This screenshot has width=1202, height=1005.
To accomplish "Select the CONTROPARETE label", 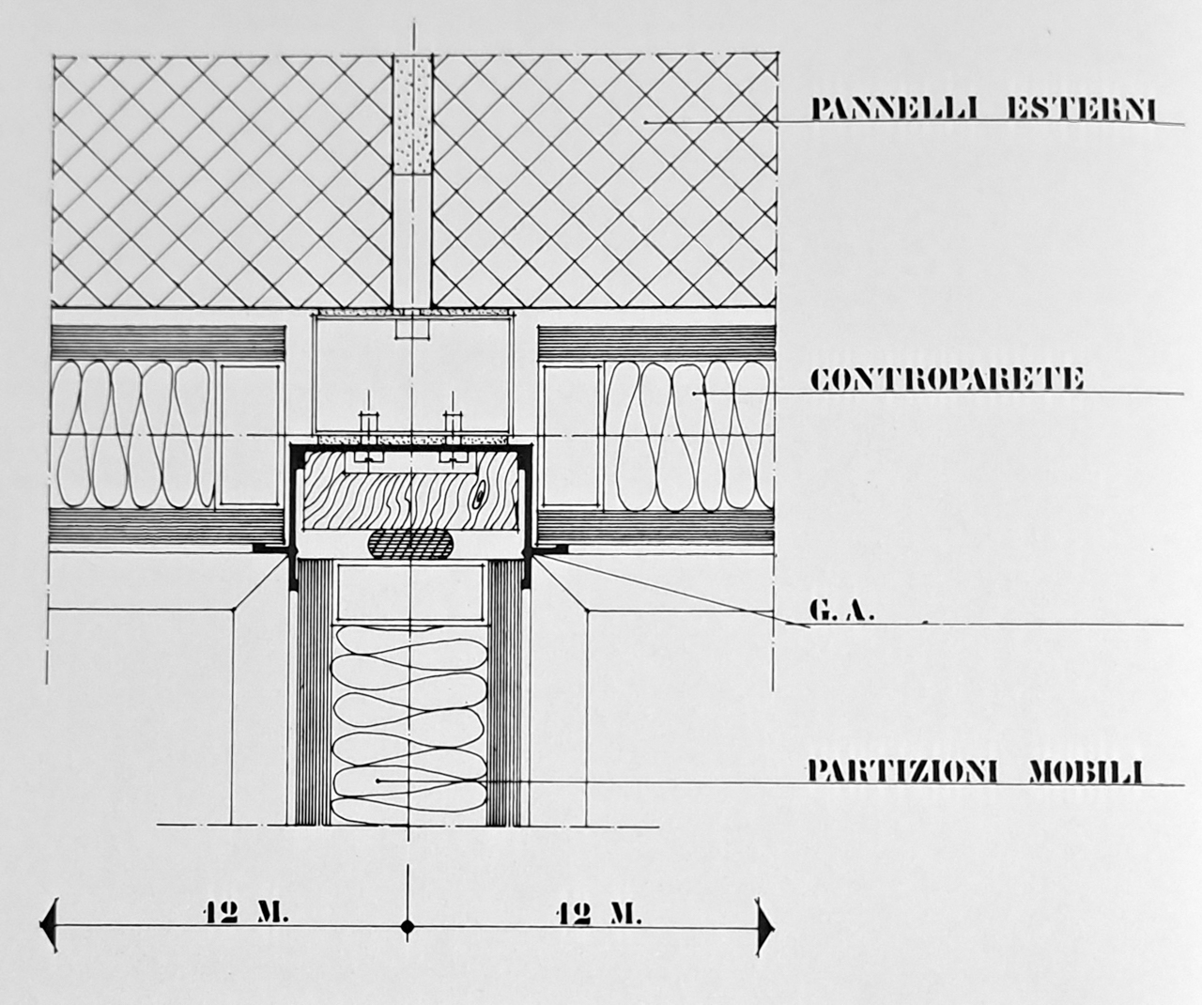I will pos(947,379).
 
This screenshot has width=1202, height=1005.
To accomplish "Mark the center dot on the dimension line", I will pos(408,929).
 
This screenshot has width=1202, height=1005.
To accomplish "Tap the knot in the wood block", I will pos(482,492).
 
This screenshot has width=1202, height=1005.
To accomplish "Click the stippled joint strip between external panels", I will pos(410,116).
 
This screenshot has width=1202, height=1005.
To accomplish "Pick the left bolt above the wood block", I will pos(365,433).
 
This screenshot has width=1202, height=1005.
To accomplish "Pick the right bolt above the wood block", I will pos(455,433).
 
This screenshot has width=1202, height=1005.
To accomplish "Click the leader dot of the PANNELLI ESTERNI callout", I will pos(647,123).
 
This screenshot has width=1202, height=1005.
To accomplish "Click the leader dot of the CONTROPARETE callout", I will pos(694,394).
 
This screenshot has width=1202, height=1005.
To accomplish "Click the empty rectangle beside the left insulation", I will pos(250,434).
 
